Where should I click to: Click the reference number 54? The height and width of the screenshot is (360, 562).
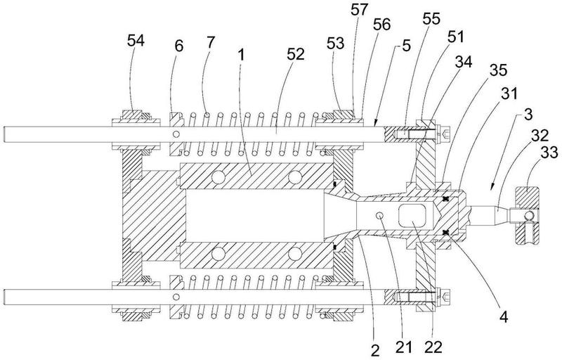pyautogui.click(x=136, y=41)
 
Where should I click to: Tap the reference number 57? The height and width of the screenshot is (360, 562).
pyautogui.click(x=360, y=10)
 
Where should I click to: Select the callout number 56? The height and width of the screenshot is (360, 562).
pyautogui.click(x=381, y=25)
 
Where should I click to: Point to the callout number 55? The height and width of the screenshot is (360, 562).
pyautogui.click(x=431, y=19)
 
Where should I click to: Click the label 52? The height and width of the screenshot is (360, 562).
pyautogui.click(x=296, y=54)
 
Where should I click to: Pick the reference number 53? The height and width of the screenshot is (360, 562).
pyautogui.click(x=336, y=44)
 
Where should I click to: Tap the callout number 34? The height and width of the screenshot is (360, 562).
pyautogui.click(x=464, y=62)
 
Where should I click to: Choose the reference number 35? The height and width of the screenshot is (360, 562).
pyautogui.click(x=499, y=70)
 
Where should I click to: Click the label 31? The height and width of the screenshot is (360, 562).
pyautogui.click(x=509, y=94)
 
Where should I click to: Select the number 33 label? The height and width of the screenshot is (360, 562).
pyautogui.click(x=549, y=153)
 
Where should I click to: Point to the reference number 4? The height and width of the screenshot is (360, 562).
pyautogui.click(x=504, y=317)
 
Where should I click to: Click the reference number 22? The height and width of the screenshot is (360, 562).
pyautogui.click(x=433, y=347)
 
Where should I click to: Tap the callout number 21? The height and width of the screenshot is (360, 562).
pyautogui.click(x=404, y=347)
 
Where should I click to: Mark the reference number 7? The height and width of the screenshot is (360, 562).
pyautogui.click(x=210, y=42)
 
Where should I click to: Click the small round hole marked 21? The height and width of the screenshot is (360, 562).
pyautogui.click(x=380, y=215)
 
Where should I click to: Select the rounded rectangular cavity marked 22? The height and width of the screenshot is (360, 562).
pyautogui.click(x=412, y=215)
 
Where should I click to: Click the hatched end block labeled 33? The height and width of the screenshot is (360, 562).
pyautogui.click(x=527, y=215)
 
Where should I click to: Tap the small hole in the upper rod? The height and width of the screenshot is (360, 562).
pyautogui.click(x=176, y=134)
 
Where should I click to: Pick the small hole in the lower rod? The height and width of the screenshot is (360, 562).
pyautogui.click(x=176, y=297)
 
